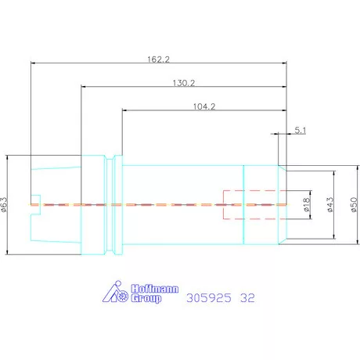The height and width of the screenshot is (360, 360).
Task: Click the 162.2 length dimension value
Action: pos(158,59)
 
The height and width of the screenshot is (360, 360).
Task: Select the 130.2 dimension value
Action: pos(184,83)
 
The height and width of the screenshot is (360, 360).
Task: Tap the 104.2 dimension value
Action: pos(204,106)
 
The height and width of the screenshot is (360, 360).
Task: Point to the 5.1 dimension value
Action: pos(301,130)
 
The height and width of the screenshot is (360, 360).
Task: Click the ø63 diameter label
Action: pos(5,204)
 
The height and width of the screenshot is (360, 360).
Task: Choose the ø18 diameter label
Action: pos(307,204)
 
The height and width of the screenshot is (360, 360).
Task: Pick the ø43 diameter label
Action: pos(330,204)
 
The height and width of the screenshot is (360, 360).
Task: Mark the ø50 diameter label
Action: pos(354,204)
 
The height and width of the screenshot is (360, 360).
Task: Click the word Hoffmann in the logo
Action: pos(155,289)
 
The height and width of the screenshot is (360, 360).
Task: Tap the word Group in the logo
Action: pos(146,298)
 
